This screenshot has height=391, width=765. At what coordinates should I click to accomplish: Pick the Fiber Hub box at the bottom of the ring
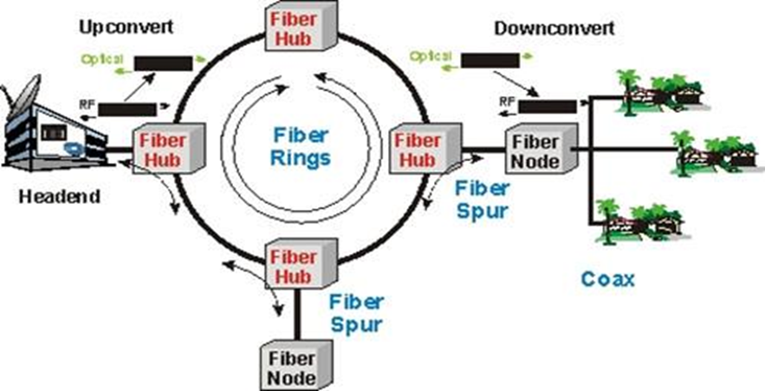290,265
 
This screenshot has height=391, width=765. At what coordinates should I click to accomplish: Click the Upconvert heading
126,27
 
